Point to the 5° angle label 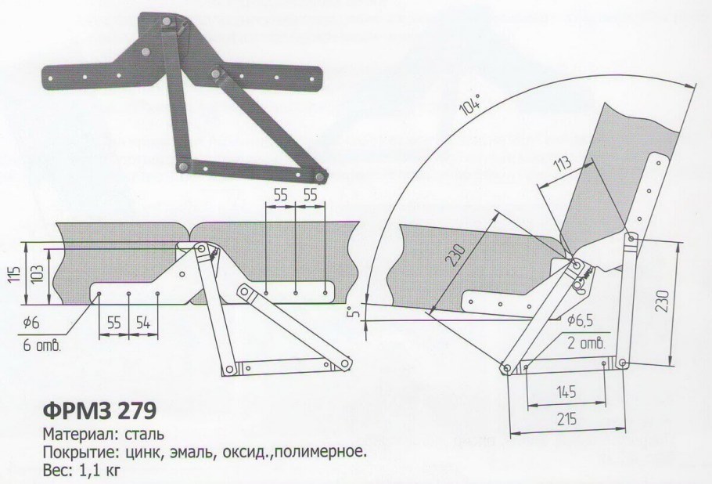(353, 315)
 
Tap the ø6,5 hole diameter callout (582, 320)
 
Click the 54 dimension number (142, 322)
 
